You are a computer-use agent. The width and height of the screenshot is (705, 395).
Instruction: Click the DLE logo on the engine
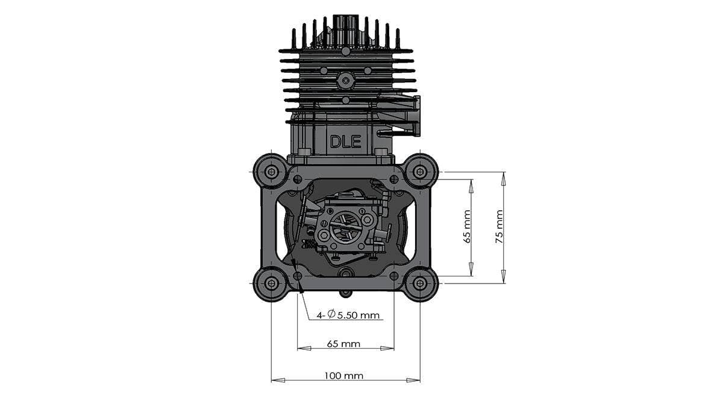(345, 142)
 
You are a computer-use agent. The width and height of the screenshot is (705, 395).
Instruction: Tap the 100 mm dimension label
(343, 375)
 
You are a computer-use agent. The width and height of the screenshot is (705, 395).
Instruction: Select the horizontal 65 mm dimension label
(343, 344)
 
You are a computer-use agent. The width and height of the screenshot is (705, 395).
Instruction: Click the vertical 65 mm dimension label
(467, 226)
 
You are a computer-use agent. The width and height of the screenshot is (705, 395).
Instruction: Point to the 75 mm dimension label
(499, 226)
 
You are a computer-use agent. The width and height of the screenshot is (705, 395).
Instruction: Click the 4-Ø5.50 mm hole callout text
(351, 314)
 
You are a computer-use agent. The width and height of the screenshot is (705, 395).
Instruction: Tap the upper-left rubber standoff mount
(271, 172)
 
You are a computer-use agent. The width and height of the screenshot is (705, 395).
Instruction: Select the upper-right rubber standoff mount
(420, 172)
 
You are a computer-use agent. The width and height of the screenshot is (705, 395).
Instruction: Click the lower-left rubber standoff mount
(271, 282)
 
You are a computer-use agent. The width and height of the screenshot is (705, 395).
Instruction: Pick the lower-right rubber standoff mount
(420, 282)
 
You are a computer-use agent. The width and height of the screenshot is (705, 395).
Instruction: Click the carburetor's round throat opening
(345, 227)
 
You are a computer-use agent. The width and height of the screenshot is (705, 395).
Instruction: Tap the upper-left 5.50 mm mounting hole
(297, 179)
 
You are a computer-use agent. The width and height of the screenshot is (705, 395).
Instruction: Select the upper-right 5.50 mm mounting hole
(393, 179)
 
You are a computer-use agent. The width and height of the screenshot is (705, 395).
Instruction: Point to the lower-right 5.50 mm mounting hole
(393, 276)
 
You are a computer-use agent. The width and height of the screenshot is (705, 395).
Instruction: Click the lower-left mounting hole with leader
(297, 276)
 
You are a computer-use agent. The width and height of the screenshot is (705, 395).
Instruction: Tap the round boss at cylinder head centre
(345, 79)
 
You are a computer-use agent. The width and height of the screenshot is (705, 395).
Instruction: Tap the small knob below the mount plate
(345, 293)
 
